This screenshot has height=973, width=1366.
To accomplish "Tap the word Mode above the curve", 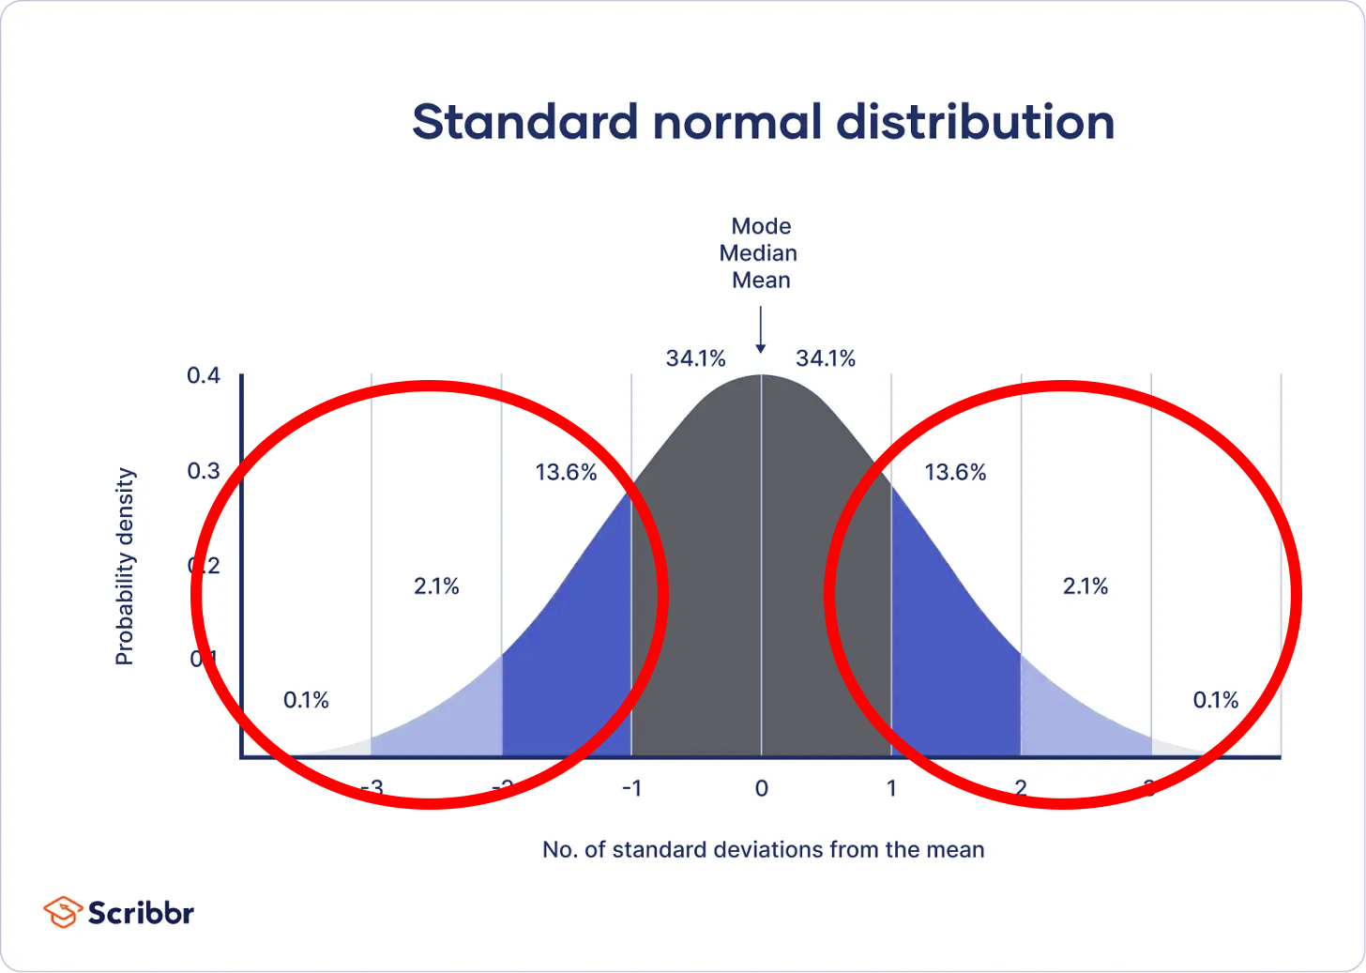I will (761, 226).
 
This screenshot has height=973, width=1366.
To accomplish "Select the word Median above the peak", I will (758, 253).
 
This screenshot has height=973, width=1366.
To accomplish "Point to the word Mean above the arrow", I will (761, 281).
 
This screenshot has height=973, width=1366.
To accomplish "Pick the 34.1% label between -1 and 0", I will (695, 358).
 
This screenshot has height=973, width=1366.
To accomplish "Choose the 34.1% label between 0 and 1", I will (826, 358).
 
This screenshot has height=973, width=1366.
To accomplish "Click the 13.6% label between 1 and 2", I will (955, 472).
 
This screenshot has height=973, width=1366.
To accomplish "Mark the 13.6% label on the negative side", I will (566, 472).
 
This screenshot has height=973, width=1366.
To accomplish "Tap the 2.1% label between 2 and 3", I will (1085, 586).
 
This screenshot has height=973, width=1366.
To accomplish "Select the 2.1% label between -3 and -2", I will (436, 586).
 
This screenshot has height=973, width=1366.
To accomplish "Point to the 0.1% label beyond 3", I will (1215, 700).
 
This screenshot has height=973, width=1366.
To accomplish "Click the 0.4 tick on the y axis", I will (204, 376).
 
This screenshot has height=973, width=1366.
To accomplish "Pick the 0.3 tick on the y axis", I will (204, 471).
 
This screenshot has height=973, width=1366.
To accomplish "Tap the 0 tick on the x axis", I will (761, 789).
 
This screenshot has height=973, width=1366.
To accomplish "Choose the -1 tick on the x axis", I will (631, 789).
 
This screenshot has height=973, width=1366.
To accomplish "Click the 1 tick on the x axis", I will (891, 789).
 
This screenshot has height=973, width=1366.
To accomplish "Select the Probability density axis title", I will (125, 567).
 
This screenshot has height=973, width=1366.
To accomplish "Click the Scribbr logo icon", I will (63, 912).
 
